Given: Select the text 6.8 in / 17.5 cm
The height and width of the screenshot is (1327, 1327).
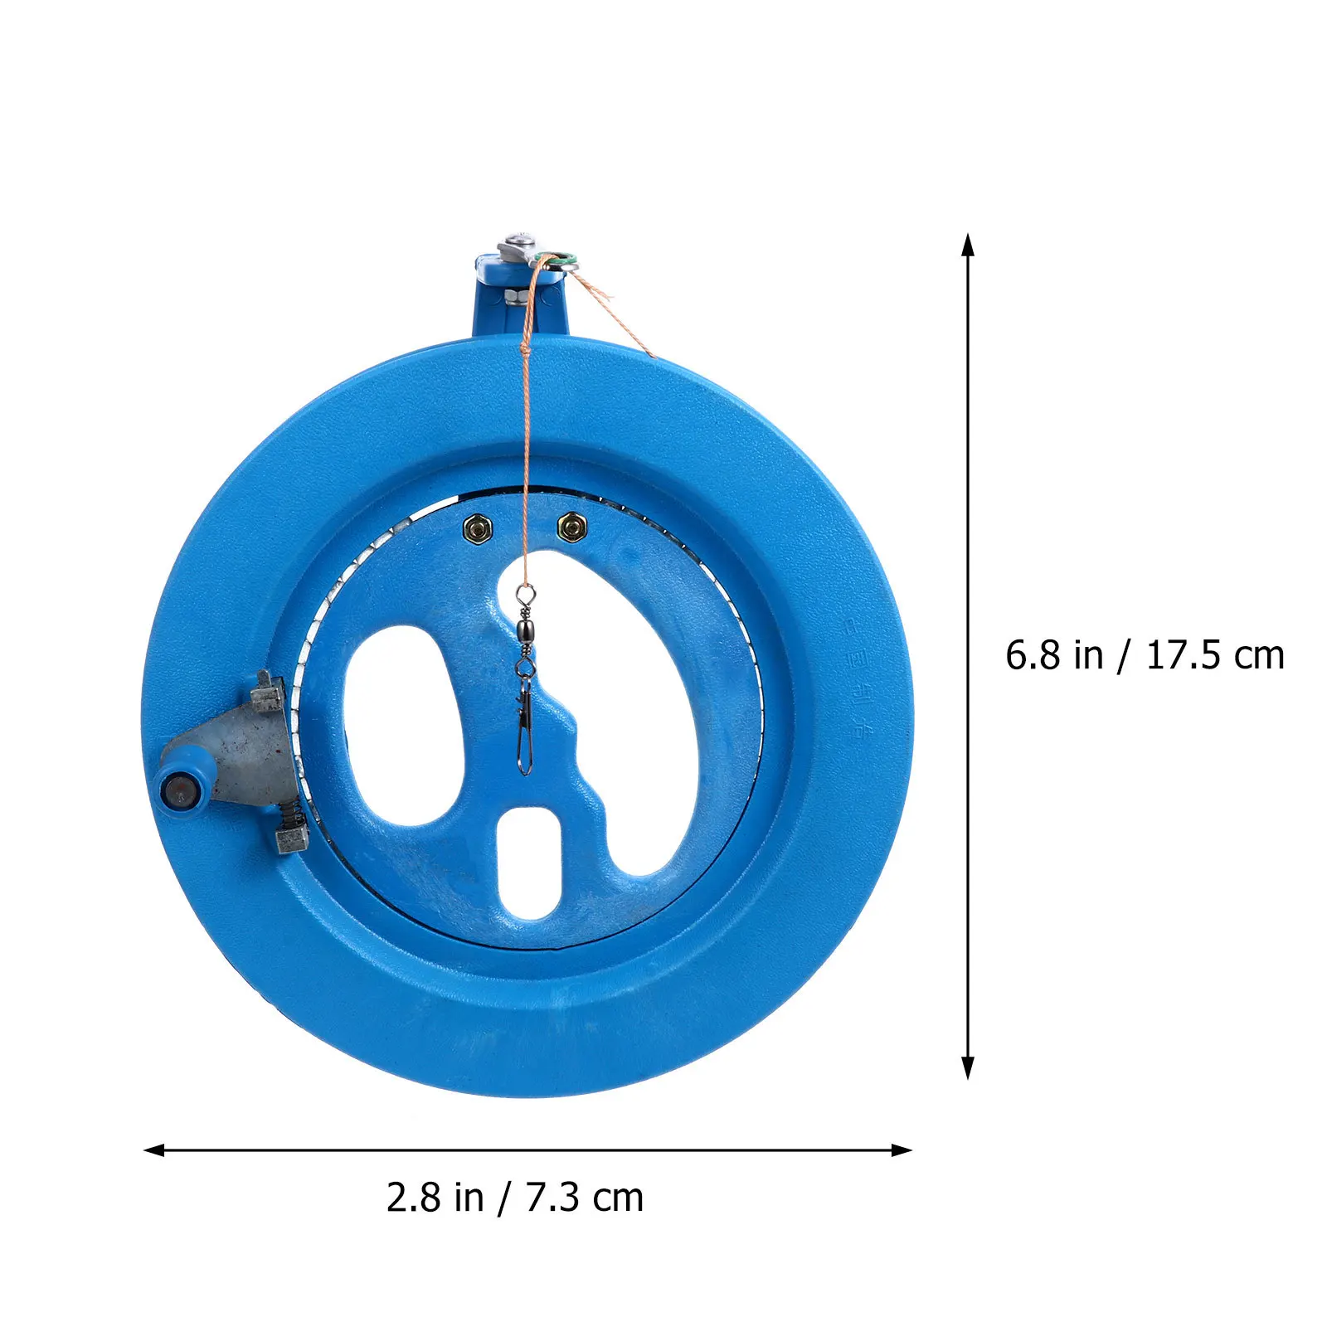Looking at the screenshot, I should (1145, 656).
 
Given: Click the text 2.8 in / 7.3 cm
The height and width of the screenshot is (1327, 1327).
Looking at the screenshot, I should (514, 1198).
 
